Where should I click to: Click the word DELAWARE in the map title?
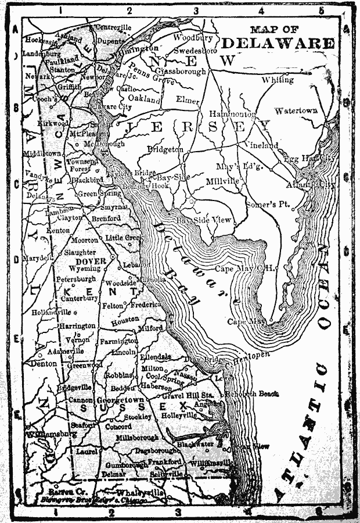coord(278,44)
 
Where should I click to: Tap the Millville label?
coord(222,181)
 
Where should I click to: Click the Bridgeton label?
coord(165,149)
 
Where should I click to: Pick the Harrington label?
coord(77,326)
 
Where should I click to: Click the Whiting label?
coord(278,80)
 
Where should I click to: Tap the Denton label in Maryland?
coord(44,364)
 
